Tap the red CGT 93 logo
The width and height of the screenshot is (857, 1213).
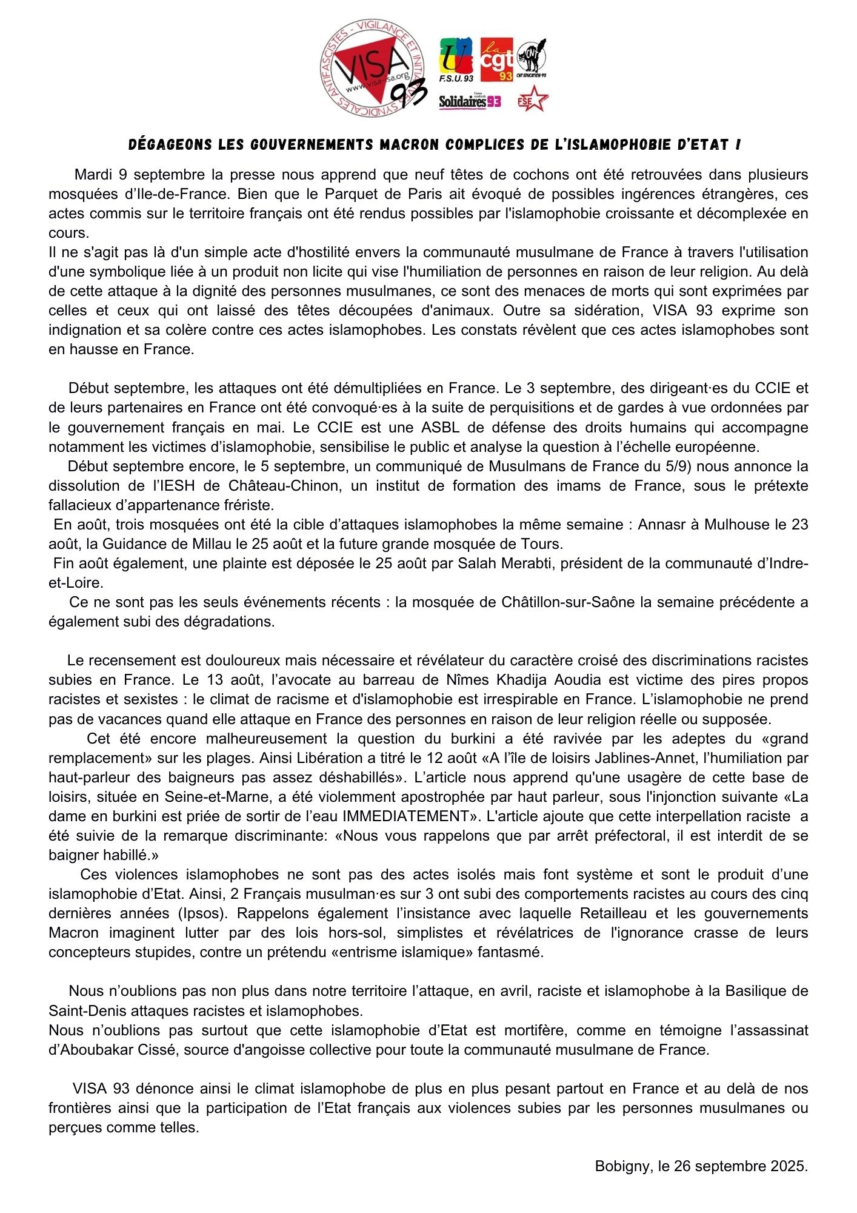(496, 59)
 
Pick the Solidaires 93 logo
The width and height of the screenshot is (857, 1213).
(470, 101)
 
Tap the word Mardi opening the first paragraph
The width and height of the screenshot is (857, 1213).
(93, 175)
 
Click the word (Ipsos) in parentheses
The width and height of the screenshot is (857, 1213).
(202, 913)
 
